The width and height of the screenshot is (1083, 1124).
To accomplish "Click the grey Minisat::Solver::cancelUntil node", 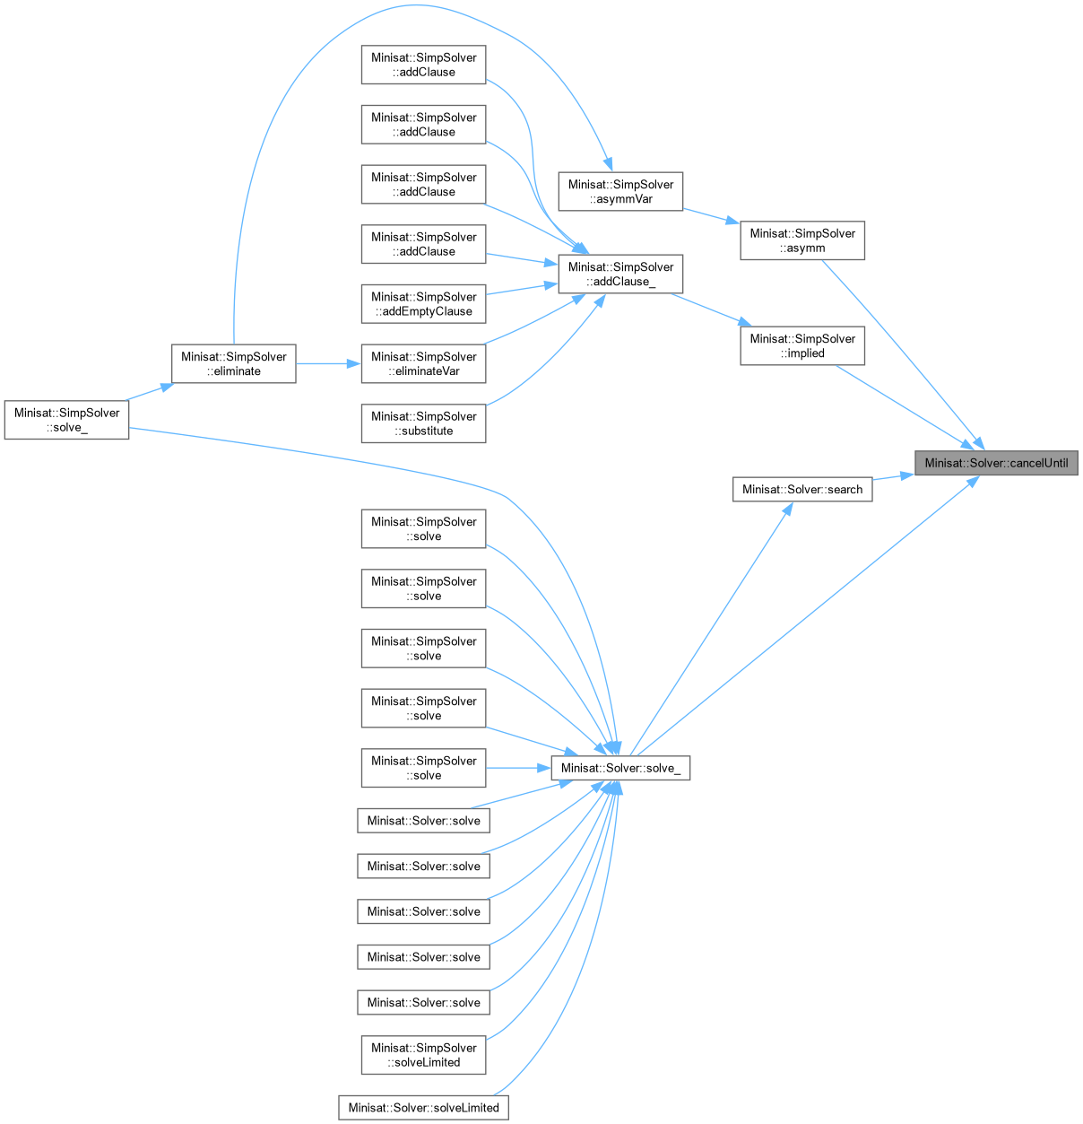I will pyautogui.click(x=996, y=463).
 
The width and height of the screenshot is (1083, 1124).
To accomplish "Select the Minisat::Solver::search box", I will pyautogui.click(x=802, y=490).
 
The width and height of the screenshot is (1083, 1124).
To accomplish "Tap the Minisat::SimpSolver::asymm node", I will pyautogui.click(x=802, y=240).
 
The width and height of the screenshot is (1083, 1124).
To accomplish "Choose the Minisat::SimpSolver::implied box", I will pyautogui.click(x=802, y=345).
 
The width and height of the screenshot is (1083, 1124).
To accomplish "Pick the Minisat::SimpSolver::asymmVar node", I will pyautogui.click(x=620, y=192).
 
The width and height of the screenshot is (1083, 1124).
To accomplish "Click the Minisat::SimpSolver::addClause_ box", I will pyautogui.click(x=620, y=274).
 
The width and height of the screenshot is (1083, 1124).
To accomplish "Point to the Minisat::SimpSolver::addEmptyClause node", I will pyautogui.click(x=423, y=304).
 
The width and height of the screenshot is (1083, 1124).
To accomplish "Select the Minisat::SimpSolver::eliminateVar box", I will pyautogui.click(x=423, y=363).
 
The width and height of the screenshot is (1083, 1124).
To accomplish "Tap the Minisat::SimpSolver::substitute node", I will pyautogui.click(x=423, y=423).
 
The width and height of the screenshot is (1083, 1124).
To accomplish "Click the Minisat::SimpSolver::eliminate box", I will pyautogui.click(x=233, y=363).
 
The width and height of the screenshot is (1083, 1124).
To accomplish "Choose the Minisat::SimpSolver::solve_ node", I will pyautogui.click(x=66, y=420).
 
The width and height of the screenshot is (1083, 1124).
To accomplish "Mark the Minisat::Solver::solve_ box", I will pyautogui.click(x=620, y=768).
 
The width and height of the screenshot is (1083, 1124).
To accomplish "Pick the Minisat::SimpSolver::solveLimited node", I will pyautogui.click(x=423, y=1055).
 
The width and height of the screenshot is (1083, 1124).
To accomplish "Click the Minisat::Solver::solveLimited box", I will pyautogui.click(x=423, y=1107).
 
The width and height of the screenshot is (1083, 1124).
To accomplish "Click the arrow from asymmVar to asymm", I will pyautogui.click(x=711, y=215).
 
